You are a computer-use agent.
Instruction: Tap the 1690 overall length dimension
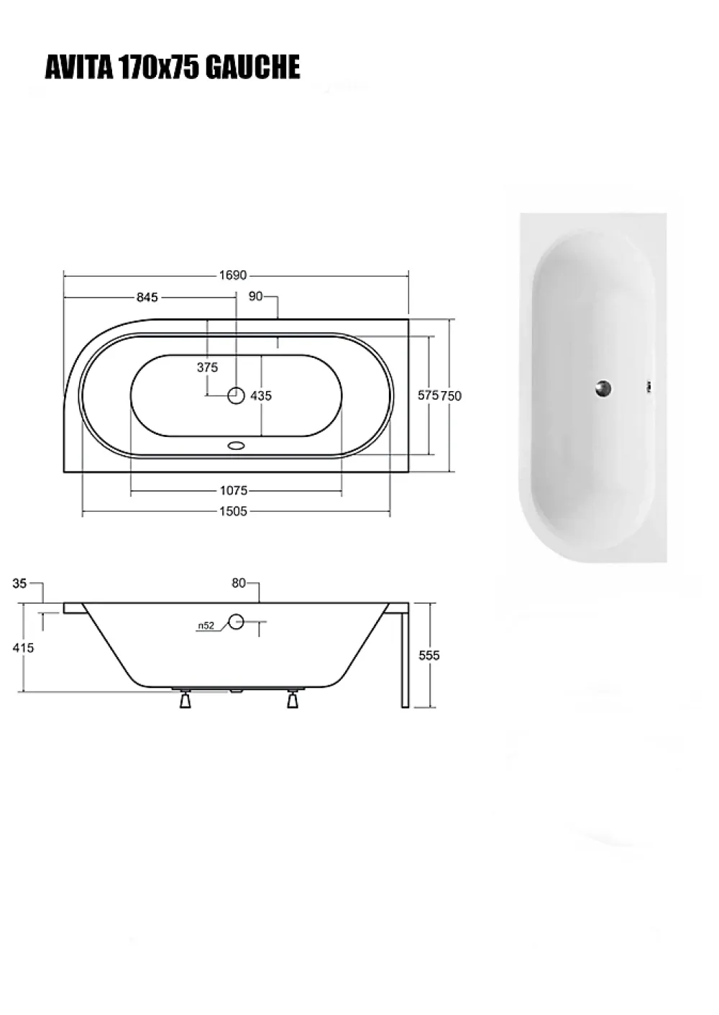233,275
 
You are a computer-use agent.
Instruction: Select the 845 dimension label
147,298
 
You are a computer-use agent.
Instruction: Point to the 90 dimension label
256,296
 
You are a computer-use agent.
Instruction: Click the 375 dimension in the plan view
207,367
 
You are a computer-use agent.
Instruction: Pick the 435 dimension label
261,396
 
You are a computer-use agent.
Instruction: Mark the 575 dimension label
428,395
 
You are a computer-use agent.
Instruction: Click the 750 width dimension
451,396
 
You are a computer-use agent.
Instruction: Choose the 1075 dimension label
234,490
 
